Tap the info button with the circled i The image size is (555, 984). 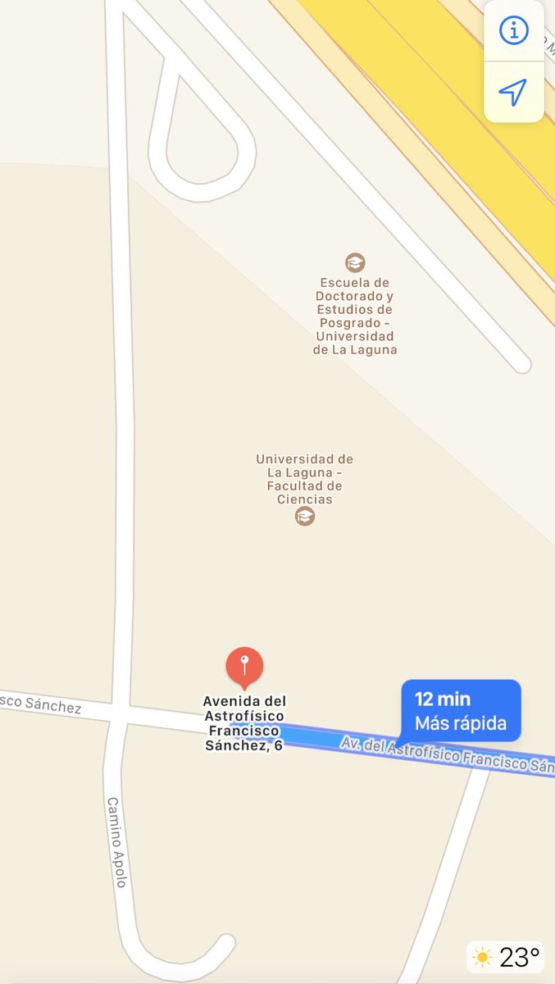point(514,31)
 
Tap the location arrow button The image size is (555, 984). point(513,92)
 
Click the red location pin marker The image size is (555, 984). point(244,665)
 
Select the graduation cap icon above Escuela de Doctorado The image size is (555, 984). point(355,262)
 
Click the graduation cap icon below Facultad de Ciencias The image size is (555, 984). point(305,516)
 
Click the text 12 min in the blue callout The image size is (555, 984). point(443,699)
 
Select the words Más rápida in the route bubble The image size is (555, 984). point(461,724)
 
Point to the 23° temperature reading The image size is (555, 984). point(520,957)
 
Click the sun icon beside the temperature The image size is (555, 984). point(483,957)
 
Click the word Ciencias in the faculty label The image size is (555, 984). point(305,499)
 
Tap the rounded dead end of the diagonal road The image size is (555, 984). point(521,364)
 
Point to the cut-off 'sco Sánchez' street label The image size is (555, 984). point(41,702)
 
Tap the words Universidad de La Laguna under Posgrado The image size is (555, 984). point(355,343)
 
